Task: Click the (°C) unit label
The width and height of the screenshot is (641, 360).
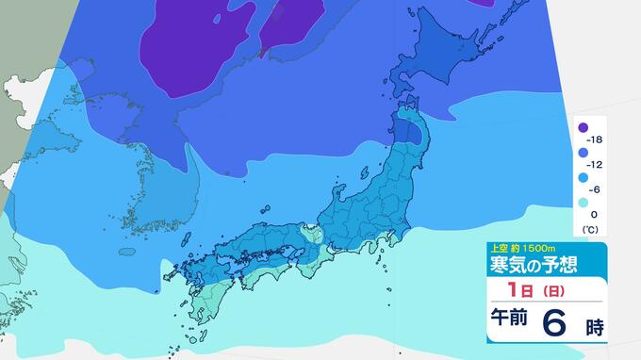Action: pyautogui.click(x=592, y=228)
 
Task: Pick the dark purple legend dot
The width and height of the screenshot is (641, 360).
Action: pyautogui.click(x=584, y=127)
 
